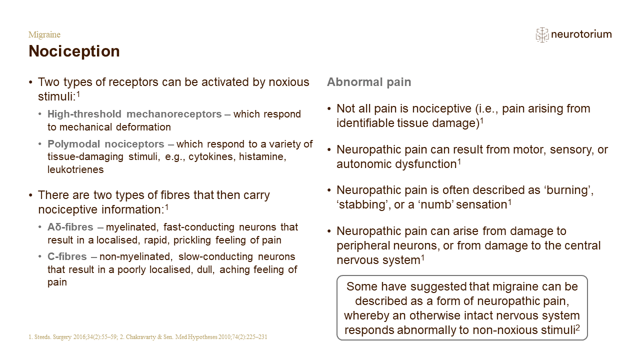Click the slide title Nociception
click(x=74, y=51)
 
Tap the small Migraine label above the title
click(x=44, y=34)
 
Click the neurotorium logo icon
click(x=541, y=35)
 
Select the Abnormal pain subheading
click(x=369, y=82)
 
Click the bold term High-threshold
click(x=84, y=114)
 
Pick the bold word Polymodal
click(x=73, y=144)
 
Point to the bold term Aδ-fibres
click(x=70, y=227)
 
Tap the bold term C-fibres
click(x=67, y=256)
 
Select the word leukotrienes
click(x=75, y=169)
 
